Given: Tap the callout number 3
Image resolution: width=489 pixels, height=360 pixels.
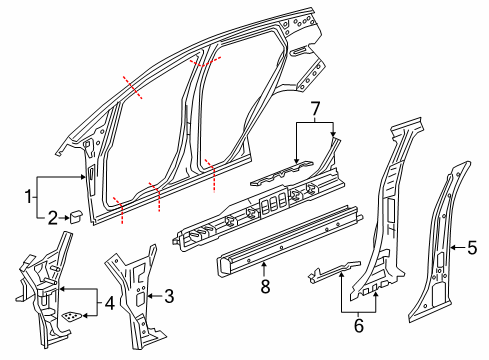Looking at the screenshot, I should click(x=169, y=297).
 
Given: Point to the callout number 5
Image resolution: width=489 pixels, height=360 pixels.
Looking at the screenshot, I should click(x=474, y=246).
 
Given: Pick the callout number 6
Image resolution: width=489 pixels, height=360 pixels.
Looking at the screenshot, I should click(x=359, y=323).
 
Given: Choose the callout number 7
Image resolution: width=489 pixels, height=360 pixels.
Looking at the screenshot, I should click(x=313, y=107).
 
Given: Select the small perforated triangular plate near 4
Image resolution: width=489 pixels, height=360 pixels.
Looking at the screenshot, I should click(x=71, y=315).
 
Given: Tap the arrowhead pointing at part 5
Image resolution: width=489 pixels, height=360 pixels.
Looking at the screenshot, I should click(x=455, y=246).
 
